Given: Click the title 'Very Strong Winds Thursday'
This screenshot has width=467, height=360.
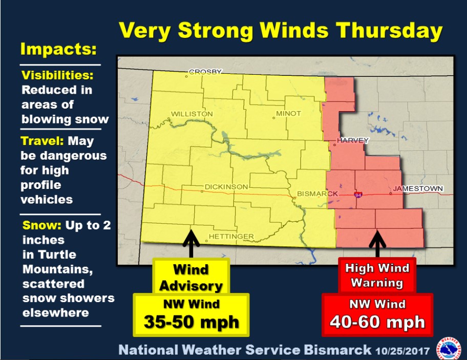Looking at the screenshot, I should pos(281,32).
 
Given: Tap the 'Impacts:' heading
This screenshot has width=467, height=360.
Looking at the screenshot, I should pos(58,50).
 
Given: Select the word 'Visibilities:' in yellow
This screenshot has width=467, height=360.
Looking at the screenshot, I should pos(57,76).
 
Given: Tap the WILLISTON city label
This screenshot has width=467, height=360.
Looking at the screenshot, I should pos(192,113).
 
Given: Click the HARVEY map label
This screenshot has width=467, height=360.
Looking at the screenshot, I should pos(353,140).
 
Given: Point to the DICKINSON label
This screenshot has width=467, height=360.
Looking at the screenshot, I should pos(226,187).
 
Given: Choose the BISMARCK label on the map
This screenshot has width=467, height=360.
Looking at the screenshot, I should pos(318,194).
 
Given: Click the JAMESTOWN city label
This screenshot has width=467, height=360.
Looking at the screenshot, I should pos(417,189).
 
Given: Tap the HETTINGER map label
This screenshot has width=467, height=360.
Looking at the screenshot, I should pos(231,236).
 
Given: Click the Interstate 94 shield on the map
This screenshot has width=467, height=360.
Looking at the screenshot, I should pos(357,195).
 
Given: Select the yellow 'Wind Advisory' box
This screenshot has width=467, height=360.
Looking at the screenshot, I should pos(190,278).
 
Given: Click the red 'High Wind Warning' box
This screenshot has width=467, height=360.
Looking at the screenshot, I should pos(377,275).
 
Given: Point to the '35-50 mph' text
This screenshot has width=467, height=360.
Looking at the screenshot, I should pos(191,322).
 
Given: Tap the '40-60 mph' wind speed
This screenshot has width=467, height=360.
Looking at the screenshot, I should pos(377,322).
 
